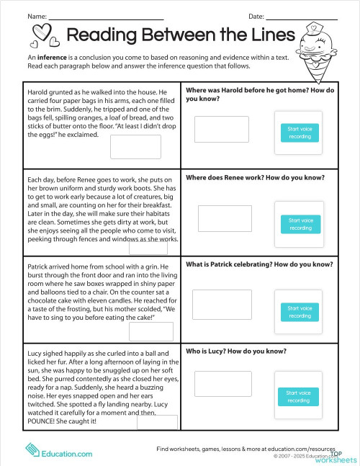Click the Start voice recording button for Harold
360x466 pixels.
click(300, 132)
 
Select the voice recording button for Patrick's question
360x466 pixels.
click(300, 312)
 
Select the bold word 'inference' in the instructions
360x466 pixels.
click(55, 56)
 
